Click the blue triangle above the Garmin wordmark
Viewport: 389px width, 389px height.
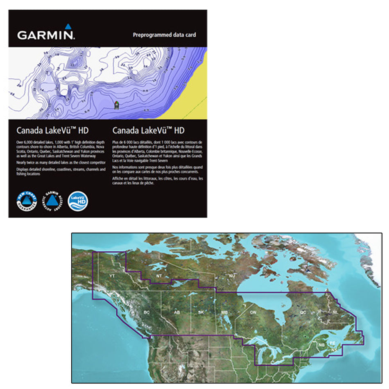[68, 27]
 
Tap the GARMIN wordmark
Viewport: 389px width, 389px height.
[45, 35]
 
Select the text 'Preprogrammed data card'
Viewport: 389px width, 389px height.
[164, 35]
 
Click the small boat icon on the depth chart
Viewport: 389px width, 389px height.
[117, 105]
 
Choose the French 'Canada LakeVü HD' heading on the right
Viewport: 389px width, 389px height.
[148, 131]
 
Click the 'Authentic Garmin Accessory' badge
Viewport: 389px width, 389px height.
[51, 201]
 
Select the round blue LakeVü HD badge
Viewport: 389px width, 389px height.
[78, 201]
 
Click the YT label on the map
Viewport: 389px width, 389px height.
[112, 276]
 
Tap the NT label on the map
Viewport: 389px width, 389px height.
[159, 276]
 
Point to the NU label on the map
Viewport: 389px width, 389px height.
[232, 276]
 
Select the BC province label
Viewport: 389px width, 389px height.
[147, 312]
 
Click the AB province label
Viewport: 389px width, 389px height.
[177, 312]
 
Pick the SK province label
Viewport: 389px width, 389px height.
[201, 312]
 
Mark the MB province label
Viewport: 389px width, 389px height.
[224, 312]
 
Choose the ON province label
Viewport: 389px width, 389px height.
[253, 312]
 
